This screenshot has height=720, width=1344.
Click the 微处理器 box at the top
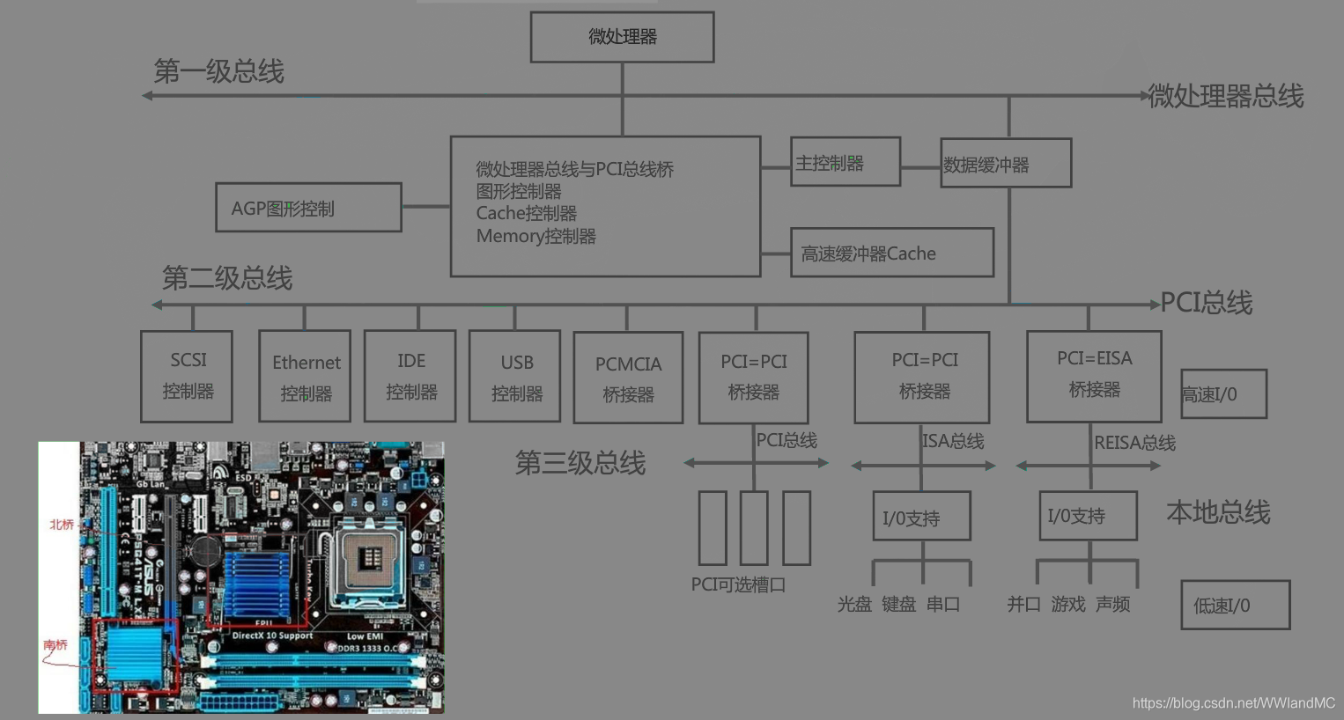pyautogui.click(x=622, y=37)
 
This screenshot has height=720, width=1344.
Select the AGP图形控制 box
pyautogui.click(x=308, y=208)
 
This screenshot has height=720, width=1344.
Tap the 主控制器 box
pyautogui.click(x=845, y=162)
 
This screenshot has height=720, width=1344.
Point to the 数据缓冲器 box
pyautogui.click(x=1006, y=164)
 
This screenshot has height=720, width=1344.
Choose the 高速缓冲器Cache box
pyautogui.click(x=891, y=253)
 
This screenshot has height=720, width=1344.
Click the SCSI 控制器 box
pyautogui.click(x=187, y=376)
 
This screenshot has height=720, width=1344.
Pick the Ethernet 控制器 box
pyautogui.click(x=305, y=377)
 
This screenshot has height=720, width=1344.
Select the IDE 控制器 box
pyautogui.click(x=410, y=377)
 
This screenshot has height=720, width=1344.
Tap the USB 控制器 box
pyautogui.click(x=515, y=377)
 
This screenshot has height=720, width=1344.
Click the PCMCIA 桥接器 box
pyautogui.click(x=628, y=378)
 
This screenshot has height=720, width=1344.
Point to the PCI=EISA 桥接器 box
pyautogui.click(x=1094, y=376)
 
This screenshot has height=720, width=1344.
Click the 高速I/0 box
pyautogui.click(x=1223, y=394)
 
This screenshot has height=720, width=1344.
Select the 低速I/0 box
pyautogui.click(x=1235, y=605)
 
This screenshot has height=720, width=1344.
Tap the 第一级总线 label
pyautogui.click(x=218, y=71)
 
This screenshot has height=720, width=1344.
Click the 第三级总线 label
pyautogui.click(x=580, y=463)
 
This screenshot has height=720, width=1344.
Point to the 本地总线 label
pyautogui.click(x=1218, y=512)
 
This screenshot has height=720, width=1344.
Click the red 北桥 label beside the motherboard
pyautogui.click(x=62, y=525)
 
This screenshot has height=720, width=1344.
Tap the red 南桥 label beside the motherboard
pyautogui.click(x=55, y=645)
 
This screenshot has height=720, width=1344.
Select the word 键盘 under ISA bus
pyautogui.click(x=898, y=605)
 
